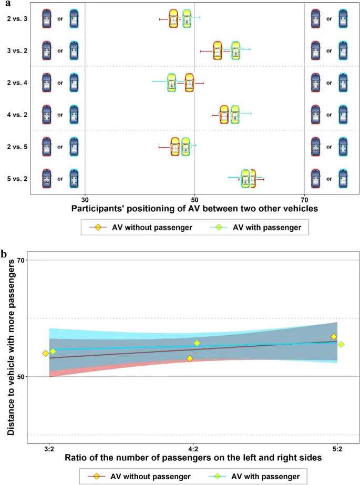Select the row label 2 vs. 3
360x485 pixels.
click(17, 19)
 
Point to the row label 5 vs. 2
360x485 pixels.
click(17, 179)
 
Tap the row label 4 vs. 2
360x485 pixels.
click(17, 115)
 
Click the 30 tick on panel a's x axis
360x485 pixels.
click(85, 199)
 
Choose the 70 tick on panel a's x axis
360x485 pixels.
click(305, 199)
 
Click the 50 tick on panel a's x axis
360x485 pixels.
click(194, 199)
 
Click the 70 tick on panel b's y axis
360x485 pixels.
click(21, 260)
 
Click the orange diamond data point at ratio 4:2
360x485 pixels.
click(190, 358)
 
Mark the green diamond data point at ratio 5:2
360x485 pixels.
click(341, 344)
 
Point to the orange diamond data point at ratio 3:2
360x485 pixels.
click(46, 353)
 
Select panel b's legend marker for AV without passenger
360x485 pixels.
click(97, 476)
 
